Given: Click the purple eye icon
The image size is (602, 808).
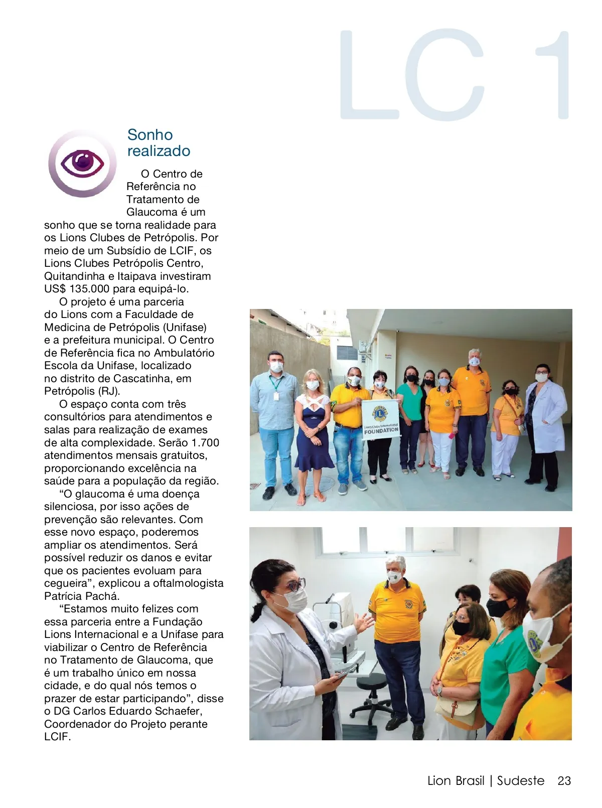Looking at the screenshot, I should point(82,164).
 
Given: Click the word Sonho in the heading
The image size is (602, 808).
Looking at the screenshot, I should point(149,135).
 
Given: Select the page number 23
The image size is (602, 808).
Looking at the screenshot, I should point(564,781).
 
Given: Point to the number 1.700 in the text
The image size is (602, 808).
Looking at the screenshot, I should point(205,443).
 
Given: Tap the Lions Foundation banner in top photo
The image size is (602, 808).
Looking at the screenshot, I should point(380,419).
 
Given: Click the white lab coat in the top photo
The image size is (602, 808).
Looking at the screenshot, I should point(547,416).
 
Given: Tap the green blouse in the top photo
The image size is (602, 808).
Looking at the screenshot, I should point(410,401).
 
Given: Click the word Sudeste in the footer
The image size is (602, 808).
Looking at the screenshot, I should point(520,781).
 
